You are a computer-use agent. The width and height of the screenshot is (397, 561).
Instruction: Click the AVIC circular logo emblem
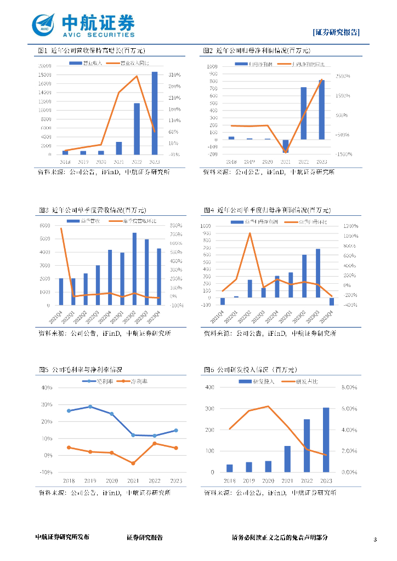[x=44, y=25]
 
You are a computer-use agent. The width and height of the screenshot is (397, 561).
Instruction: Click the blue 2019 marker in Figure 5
[x=90, y=407]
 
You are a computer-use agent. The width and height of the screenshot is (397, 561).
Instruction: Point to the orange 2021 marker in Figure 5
[x=133, y=463]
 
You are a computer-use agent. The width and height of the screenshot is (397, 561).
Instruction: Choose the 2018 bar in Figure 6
[x=230, y=468]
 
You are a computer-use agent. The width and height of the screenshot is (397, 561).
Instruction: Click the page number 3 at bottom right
[x=375, y=540]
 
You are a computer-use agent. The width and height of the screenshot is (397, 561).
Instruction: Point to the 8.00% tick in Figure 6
[x=350, y=387]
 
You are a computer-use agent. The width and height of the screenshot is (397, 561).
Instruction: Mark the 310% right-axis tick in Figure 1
[x=175, y=75]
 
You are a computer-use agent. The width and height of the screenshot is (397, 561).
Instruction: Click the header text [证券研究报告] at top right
[x=336, y=32]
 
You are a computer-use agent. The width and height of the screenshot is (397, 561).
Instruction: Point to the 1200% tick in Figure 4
[x=351, y=226]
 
